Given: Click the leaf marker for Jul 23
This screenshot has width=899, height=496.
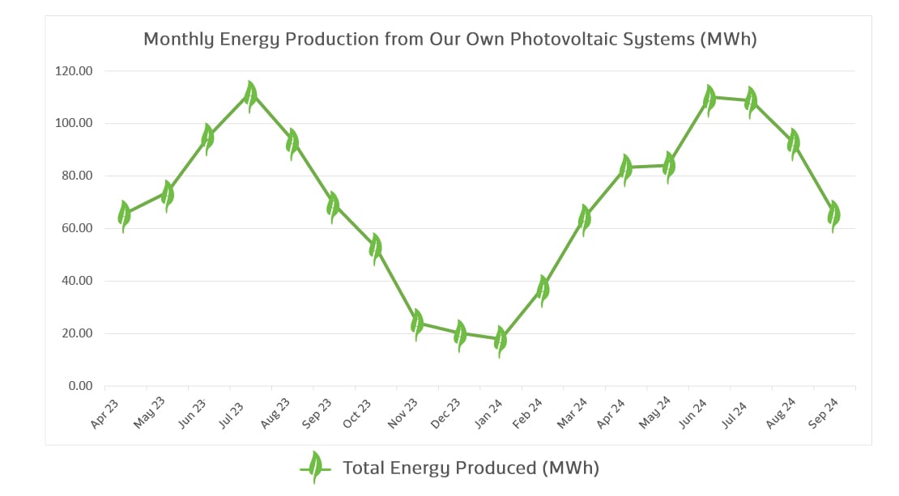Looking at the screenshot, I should pyautogui.click(x=251, y=96).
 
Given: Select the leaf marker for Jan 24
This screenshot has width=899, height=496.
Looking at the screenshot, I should pyautogui.click(x=501, y=341).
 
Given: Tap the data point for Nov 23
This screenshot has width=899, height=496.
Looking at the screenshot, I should pyautogui.click(x=417, y=324).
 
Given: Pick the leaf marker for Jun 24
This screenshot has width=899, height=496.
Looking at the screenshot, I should pyautogui.click(x=710, y=99).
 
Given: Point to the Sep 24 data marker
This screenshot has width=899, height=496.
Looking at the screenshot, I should pyautogui.click(x=834, y=215).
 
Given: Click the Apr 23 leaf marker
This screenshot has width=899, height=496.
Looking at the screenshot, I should pyautogui.click(x=125, y=215).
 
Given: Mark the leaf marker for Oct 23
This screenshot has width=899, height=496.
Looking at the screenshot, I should pyautogui.click(x=376, y=248).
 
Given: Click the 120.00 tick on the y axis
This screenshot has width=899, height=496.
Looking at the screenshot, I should pyautogui.click(x=74, y=71).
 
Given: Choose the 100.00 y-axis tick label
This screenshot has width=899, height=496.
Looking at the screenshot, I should pyautogui.click(x=74, y=124).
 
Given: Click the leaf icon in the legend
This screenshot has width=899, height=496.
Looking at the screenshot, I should pyautogui.click(x=315, y=468).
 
